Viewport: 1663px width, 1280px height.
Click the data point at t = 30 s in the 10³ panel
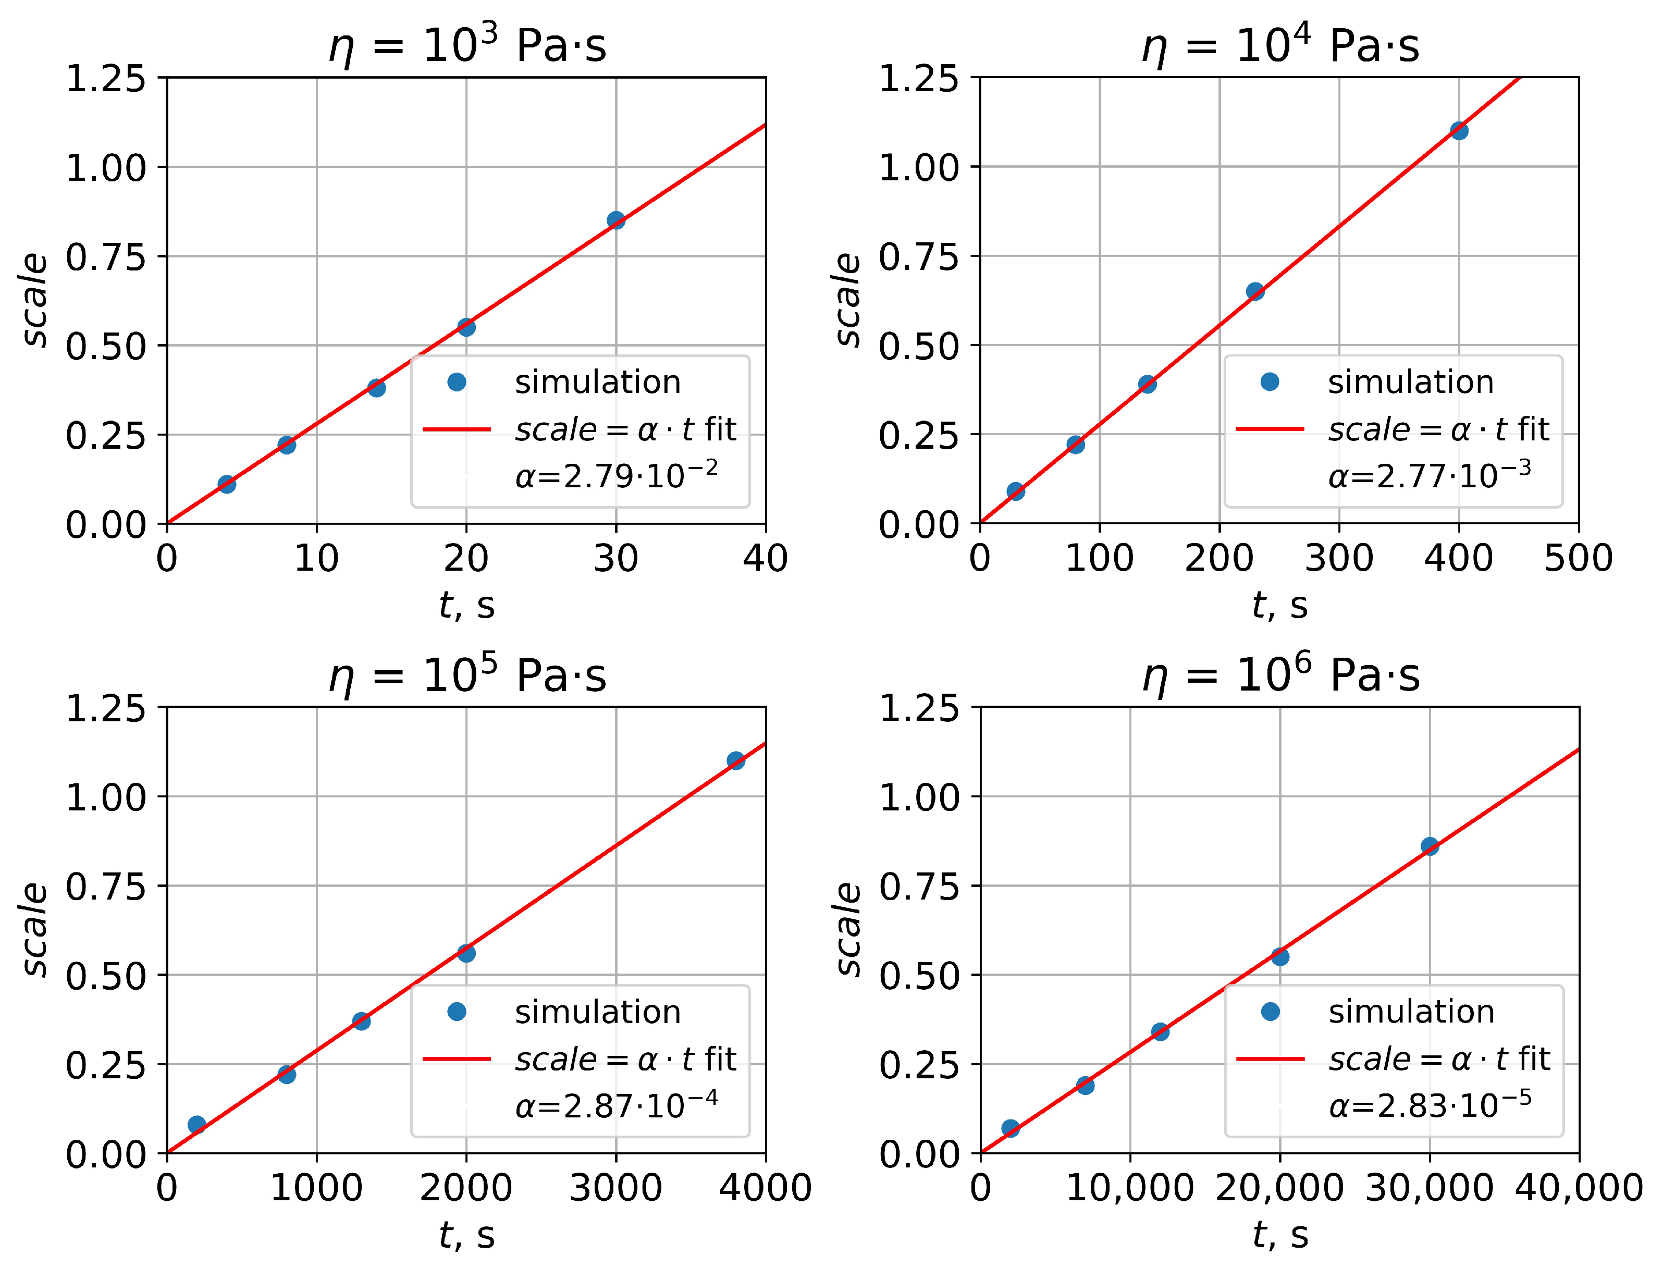click(x=616, y=220)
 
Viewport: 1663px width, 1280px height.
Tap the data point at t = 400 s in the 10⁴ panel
click(x=1459, y=130)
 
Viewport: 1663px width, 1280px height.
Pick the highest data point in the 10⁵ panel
click(x=735, y=760)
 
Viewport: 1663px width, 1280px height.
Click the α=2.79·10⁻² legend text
click(x=617, y=476)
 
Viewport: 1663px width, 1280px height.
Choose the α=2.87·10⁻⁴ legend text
click(x=617, y=1105)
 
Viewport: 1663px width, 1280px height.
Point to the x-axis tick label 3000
click(x=616, y=1188)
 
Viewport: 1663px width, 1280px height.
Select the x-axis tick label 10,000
click(x=1130, y=1188)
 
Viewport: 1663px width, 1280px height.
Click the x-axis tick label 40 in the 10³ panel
click(x=765, y=558)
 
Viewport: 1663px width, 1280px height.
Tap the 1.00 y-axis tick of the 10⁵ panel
click(x=105, y=797)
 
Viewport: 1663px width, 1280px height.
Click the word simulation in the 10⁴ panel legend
click(x=1411, y=381)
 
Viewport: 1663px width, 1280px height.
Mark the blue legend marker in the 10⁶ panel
click(x=1270, y=1011)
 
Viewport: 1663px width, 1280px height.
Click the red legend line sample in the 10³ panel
click(x=457, y=429)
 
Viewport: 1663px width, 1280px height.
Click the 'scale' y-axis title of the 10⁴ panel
click(x=847, y=300)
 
